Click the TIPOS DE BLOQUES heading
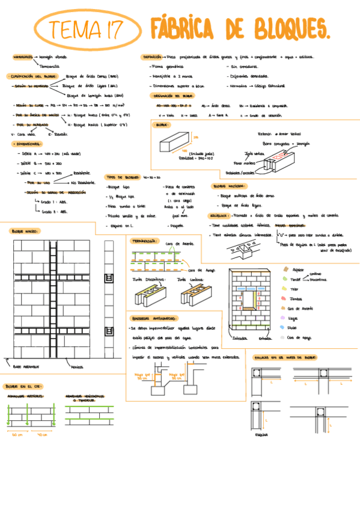click(x=123, y=177)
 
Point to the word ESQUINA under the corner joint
click(x=261, y=434)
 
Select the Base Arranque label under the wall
click(x=25, y=365)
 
